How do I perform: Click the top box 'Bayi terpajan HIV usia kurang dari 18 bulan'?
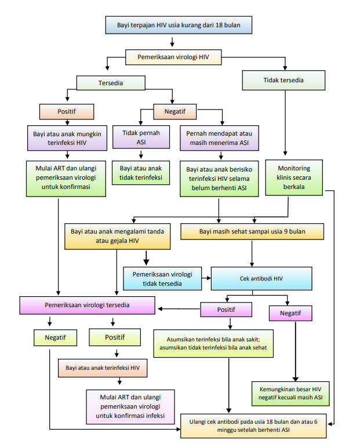click(179, 26)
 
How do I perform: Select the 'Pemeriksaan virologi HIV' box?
click(173, 57)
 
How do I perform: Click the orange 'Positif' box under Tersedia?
click(66, 110)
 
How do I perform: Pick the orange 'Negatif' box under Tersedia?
click(174, 110)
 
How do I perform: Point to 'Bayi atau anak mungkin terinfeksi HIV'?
click(67, 137)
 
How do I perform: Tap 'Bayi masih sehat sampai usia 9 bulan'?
click(252, 232)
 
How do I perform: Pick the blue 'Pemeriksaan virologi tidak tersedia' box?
click(162, 278)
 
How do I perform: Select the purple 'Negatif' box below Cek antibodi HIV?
click(290, 313)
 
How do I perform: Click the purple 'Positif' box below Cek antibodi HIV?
click(226, 310)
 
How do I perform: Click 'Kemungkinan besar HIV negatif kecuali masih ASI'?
click(290, 394)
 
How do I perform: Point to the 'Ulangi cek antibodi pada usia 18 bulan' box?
click(254, 426)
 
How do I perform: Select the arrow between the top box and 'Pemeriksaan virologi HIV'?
click(173, 42)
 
